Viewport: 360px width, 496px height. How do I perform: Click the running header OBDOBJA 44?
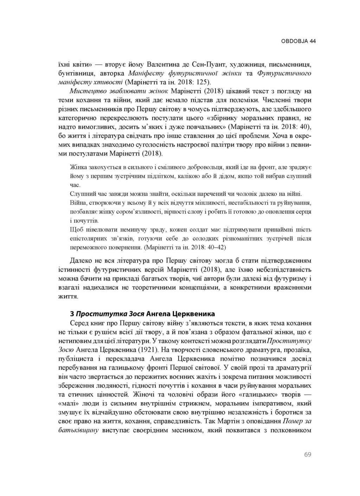click(x=298, y=41)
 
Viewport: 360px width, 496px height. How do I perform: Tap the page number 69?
click(x=308, y=455)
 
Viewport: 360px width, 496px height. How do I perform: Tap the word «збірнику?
click(x=220, y=118)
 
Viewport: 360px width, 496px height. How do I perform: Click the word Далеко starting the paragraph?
click(x=81, y=261)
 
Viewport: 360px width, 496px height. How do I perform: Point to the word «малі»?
click(x=68, y=403)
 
